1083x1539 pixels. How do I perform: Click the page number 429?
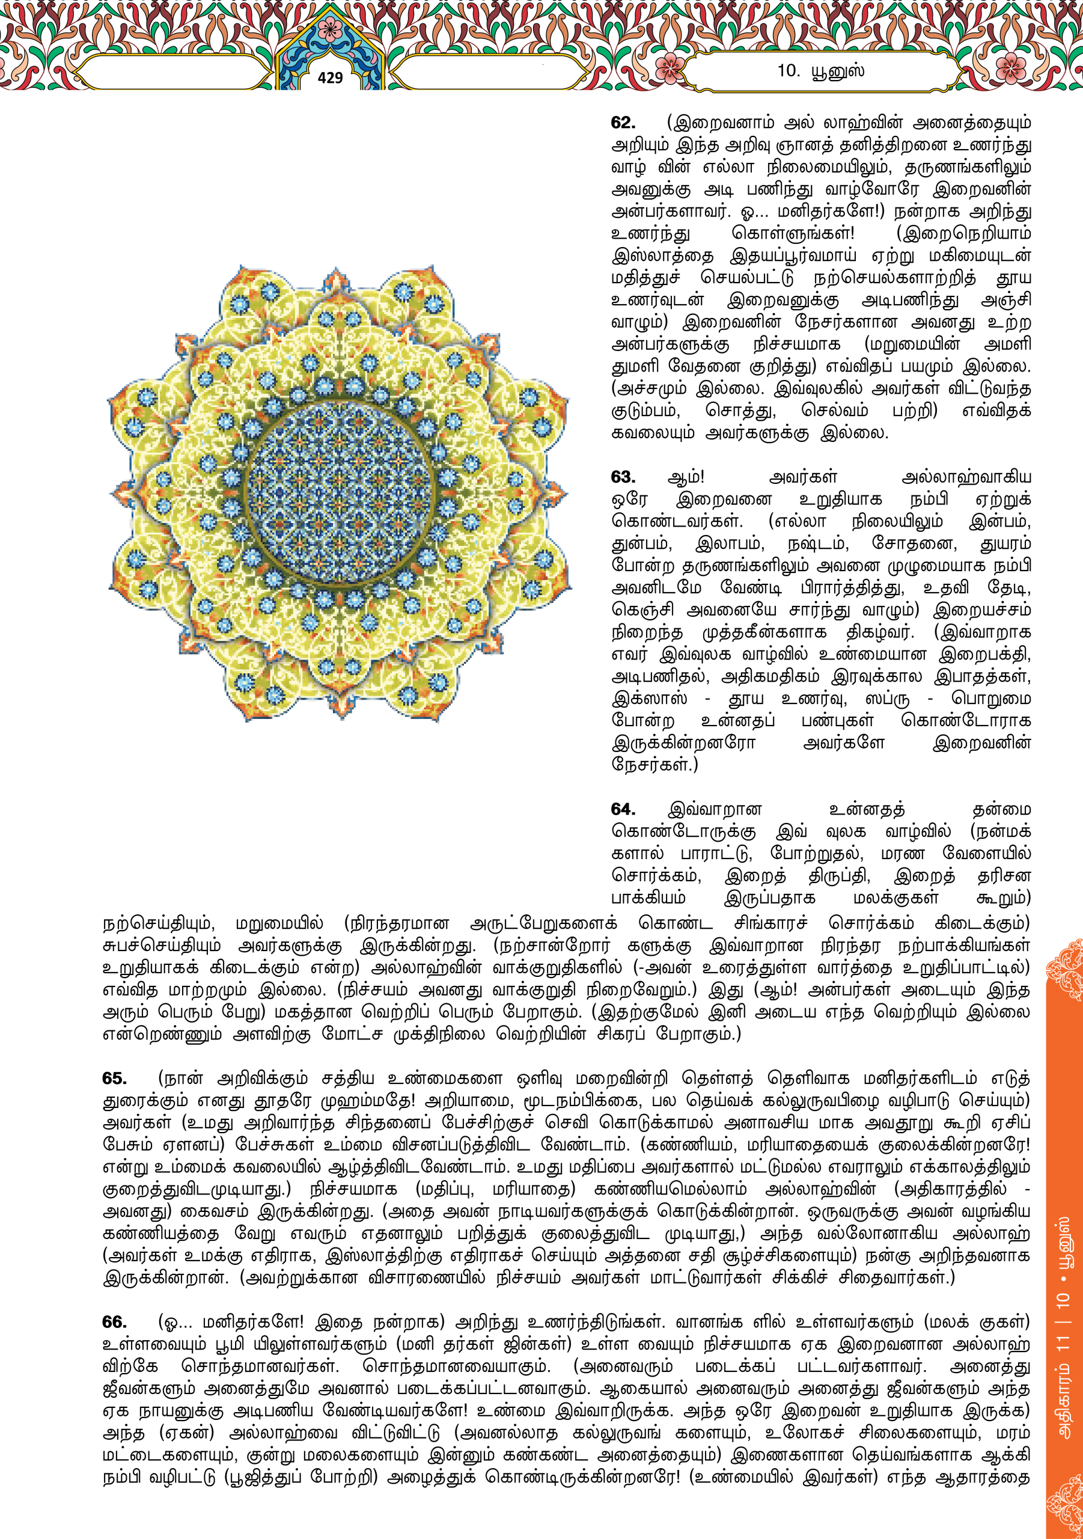click(330, 78)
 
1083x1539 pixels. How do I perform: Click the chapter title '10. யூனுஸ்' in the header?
click(820, 70)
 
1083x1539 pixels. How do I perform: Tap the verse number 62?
click(623, 123)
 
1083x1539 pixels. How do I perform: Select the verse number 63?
click(623, 477)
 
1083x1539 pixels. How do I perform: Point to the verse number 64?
click(623, 809)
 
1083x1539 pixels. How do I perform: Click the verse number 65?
click(115, 1079)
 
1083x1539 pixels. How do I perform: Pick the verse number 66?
click(115, 1322)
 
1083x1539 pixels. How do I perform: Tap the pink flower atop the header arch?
click(329, 29)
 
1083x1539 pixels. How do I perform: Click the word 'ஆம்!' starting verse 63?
click(686, 477)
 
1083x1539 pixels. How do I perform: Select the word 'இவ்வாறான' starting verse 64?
click(715, 810)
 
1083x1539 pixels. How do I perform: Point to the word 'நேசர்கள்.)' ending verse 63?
click(654, 765)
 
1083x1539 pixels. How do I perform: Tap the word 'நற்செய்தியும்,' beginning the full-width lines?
click(158, 923)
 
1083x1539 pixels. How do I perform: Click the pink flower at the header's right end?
click(1011, 67)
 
